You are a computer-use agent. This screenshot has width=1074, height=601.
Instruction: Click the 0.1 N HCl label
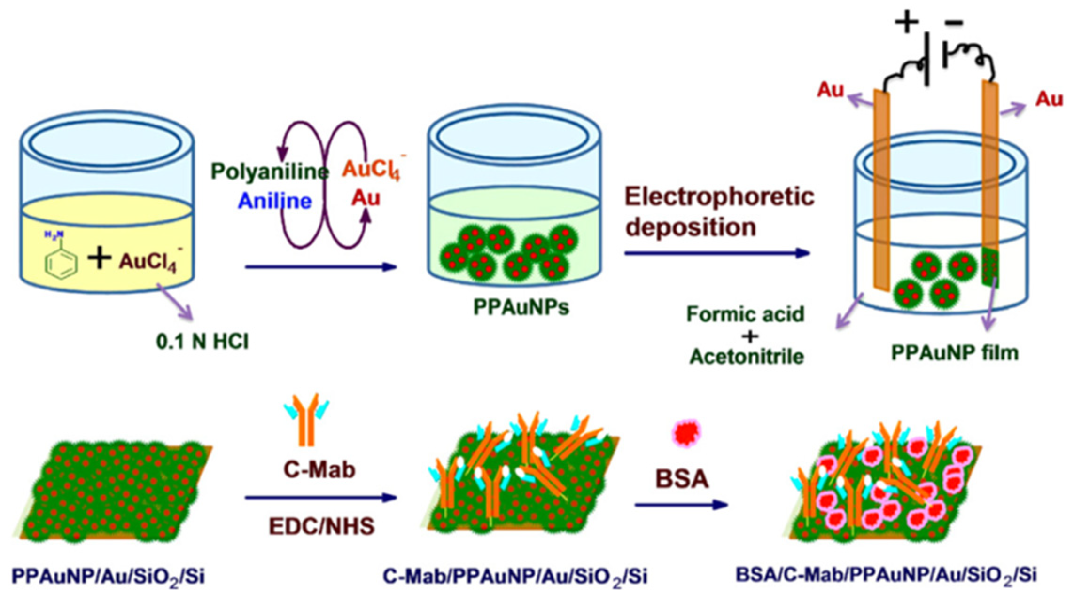coord(202,342)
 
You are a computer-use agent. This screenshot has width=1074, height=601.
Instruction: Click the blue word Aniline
coord(275,201)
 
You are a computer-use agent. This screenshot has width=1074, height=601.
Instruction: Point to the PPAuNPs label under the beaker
coord(521,307)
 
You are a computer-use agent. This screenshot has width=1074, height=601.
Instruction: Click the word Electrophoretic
coord(719,196)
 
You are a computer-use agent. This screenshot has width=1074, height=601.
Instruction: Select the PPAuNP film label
coord(955,353)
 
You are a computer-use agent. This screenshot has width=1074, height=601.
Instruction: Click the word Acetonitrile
coord(747,357)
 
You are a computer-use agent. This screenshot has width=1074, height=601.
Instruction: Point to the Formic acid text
coord(746,314)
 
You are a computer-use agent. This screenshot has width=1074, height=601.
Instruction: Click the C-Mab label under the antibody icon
coord(319,469)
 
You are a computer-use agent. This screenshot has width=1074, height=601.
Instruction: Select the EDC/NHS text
coord(322,526)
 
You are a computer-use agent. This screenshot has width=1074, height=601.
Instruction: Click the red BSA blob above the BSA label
coord(686,433)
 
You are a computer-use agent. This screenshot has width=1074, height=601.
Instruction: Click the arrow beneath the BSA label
coord(681,505)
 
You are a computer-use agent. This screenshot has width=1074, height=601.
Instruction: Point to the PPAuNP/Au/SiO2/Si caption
coord(108,577)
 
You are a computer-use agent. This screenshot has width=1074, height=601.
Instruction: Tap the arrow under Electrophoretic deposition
coord(717,253)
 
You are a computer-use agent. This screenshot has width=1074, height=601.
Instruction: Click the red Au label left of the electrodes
coord(830,90)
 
